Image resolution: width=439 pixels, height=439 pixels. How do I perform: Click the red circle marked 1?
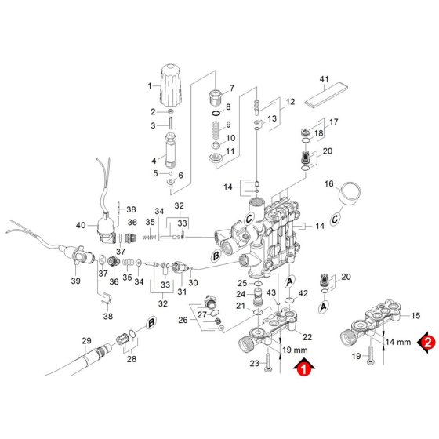[304, 368]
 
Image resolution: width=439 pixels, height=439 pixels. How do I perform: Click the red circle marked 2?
[428, 343]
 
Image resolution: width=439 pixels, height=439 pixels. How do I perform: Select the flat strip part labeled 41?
[326, 94]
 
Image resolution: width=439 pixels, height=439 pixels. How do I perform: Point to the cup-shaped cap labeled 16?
[349, 194]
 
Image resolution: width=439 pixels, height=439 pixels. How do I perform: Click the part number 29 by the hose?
[86, 341]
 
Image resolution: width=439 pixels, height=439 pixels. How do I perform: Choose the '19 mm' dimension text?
[295, 350]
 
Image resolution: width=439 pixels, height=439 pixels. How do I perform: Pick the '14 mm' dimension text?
[398, 342]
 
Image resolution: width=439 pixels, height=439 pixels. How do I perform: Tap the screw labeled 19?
[370, 355]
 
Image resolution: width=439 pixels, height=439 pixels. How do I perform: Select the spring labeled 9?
[216, 129]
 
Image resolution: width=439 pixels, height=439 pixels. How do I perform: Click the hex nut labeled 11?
[216, 158]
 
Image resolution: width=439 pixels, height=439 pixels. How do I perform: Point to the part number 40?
[81, 225]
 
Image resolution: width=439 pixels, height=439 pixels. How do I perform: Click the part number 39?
[75, 281]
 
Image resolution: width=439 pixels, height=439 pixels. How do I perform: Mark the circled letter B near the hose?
[151, 323]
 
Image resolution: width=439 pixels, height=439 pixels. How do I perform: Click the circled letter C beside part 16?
[336, 219]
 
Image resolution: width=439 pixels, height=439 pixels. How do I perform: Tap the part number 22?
[307, 337]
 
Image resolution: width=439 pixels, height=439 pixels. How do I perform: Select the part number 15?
[415, 316]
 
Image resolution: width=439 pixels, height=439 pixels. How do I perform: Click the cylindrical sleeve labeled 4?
[171, 150]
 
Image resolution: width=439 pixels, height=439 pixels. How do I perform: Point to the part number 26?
[183, 320]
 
